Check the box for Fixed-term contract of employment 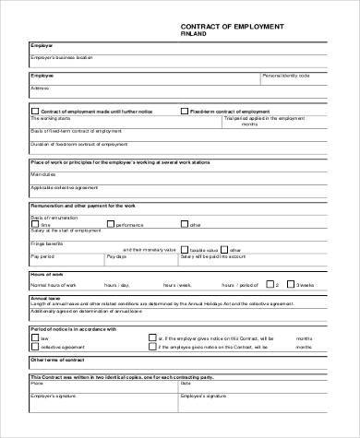(185, 110)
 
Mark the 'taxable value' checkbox (182, 249)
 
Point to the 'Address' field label (40, 88)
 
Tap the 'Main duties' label (43, 172)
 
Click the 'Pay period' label (42, 257)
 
